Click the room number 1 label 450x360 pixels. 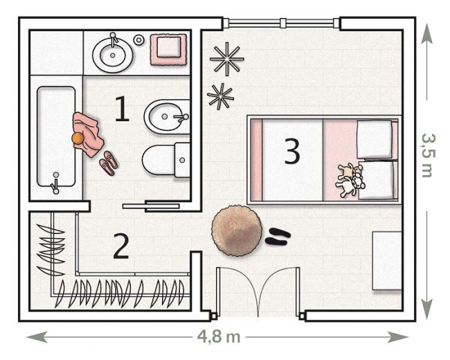(x=122, y=109)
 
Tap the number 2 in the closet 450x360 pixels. (x=121, y=246)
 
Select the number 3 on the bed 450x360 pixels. (x=292, y=151)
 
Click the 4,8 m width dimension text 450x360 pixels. (x=219, y=336)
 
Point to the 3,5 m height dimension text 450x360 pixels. (x=429, y=155)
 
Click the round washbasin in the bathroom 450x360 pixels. (x=113, y=54)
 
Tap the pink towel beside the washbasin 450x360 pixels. (x=169, y=50)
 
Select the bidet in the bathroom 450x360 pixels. (x=167, y=116)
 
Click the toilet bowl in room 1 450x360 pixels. (x=166, y=160)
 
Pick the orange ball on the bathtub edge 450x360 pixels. (x=78, y=138)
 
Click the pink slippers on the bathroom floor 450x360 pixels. (x=108, y=163)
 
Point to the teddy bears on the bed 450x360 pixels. (x=350, y=180)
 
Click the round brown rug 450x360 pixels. (x=237, y=231)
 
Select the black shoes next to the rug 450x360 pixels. (x=277, y=236)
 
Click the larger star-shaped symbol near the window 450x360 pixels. (x=227, y=59)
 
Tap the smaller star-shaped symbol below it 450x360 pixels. (x=220, y=97)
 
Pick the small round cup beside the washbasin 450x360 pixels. (x=139, y=40)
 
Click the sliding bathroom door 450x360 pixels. (x=151, y=206)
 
